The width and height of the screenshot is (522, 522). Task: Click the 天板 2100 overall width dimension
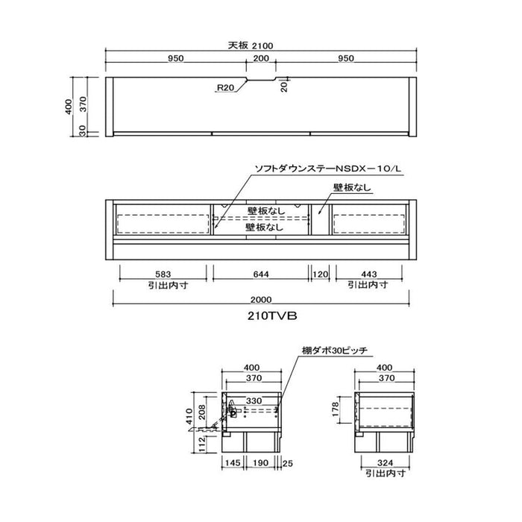(x=251, y=45)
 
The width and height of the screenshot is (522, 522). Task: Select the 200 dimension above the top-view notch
(x=261, y=58)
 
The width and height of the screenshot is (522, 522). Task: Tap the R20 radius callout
(x=225, y=87)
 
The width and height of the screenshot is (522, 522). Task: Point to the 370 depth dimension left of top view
(x=83, y=104)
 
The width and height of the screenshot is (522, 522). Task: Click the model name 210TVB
(x=272, y=315)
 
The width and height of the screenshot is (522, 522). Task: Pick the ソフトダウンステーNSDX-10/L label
(x=328, y=169)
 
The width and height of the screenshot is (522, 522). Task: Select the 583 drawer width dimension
(x=163, y=274)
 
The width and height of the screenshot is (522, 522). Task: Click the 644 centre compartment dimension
(x=261, y=274)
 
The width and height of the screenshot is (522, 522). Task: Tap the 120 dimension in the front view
(x=320, y=274)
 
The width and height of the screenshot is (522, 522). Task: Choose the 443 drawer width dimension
(x=369, y=274)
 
